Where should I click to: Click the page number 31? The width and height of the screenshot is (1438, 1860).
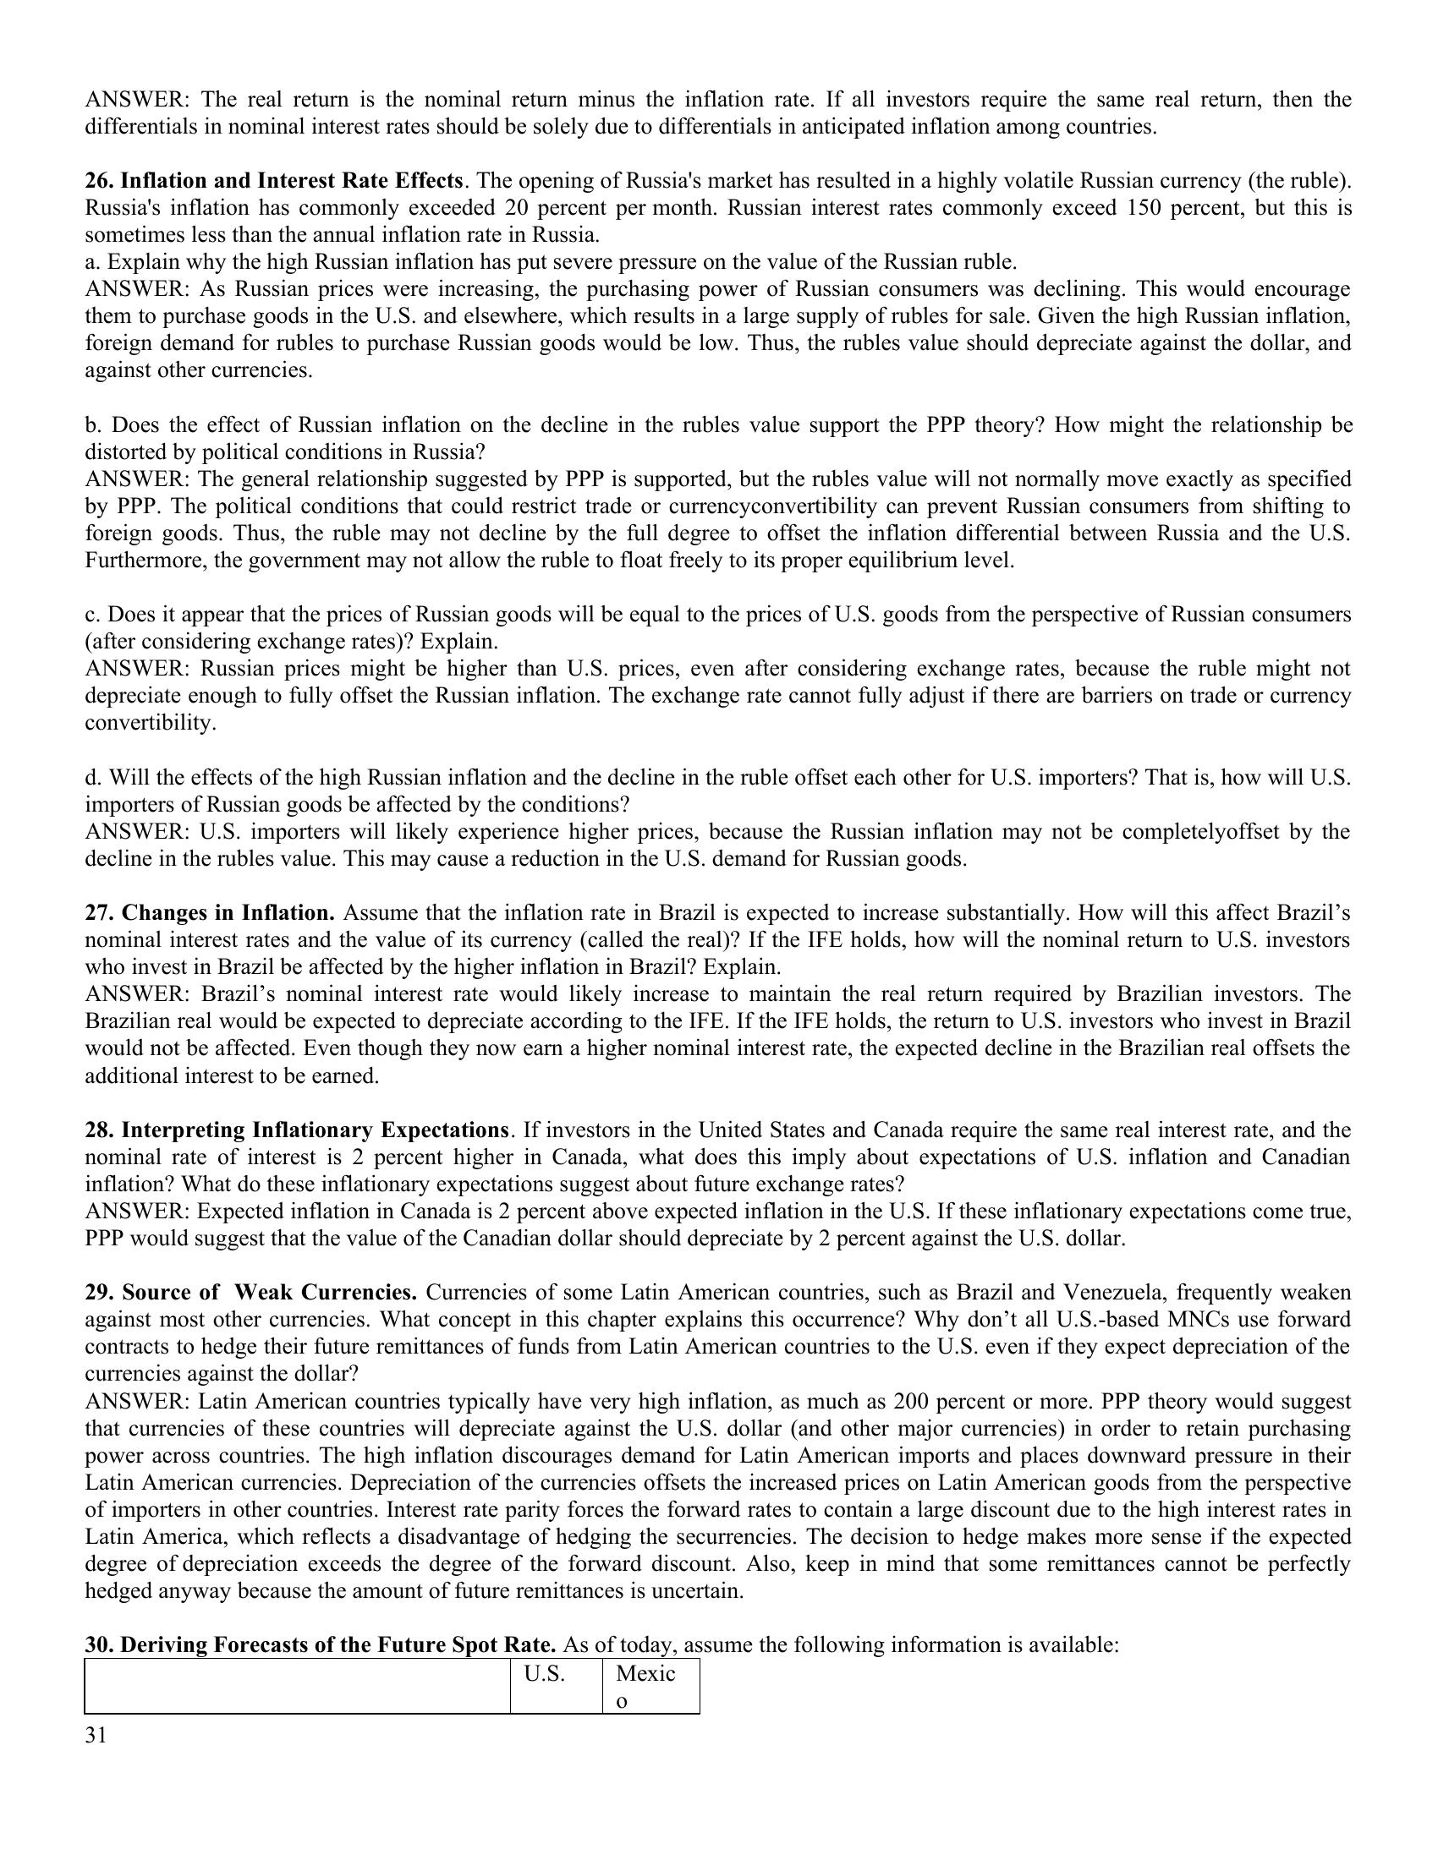pyautogui.click(x=96, y=1735)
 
